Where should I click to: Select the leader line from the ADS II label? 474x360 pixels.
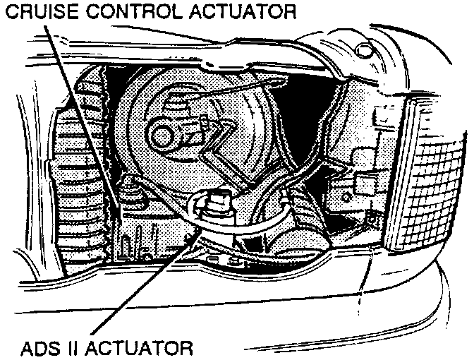[141, 282]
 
